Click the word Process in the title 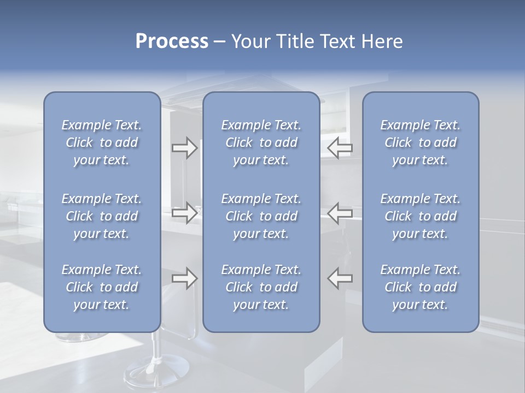tap(172, 41)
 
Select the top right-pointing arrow tap(184, 148)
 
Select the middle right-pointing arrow tap(184, 213)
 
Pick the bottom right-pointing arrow tap(184, 278)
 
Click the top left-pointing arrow tap(340, 148)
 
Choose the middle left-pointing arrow tap(340, 213)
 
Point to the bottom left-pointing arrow tap(340, 278)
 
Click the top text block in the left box tap(102, 142)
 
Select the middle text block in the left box tap(102, 216)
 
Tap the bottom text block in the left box tap(102, 287)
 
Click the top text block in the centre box tap(261, 142)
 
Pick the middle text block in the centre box tap(261, 216)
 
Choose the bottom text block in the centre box tap(261, 287)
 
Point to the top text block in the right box tap(420, 142)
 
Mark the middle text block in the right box tap(420, 216)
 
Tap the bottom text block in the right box tap(420, 287)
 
